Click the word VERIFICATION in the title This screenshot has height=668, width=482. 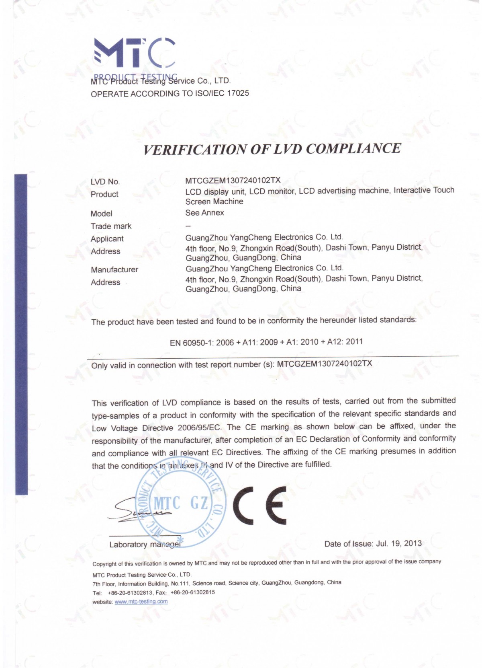click(195, 150)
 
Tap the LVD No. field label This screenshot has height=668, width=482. click(105, 182)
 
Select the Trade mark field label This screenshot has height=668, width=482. click(111, 226)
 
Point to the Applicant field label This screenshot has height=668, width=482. click(107, 239)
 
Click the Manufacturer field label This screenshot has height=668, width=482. click(114, 270)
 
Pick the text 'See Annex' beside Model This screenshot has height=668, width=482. click(204, 213)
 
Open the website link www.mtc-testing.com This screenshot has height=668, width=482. click(141, 602)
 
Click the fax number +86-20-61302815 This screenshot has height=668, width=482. click(192, 592)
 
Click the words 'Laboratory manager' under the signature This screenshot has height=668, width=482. click(145, 545)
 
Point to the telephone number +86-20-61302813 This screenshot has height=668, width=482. click(130, 593)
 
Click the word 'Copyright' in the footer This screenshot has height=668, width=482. click(104, 564)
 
